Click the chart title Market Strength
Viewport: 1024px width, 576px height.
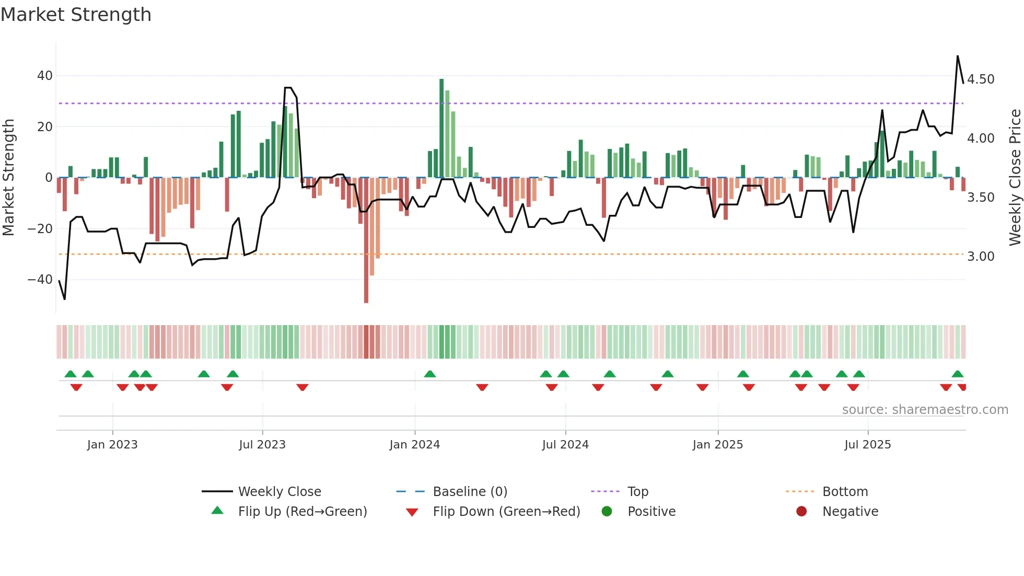point(76,15)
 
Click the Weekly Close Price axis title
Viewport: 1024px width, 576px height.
point(1015,177)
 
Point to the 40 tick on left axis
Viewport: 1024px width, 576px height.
point(45,76)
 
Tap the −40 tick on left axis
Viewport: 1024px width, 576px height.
point(41,280)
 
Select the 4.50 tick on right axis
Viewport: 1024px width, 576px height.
point(981,79)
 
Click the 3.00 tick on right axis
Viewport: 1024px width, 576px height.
point(981,257)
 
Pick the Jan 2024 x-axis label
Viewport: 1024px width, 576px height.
point(415,445)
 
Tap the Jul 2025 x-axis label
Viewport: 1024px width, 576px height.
point(868,445)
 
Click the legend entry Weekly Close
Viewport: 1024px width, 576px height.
point(280,492)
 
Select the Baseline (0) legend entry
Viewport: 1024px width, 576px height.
point(470,492)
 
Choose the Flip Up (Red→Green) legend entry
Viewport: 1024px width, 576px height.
point(302,512)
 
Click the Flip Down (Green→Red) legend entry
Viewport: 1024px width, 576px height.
point(506,512)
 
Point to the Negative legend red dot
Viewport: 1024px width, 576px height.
point(801,511)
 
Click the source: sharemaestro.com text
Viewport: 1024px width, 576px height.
point(925,410)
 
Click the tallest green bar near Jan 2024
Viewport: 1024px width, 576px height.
point(441,128)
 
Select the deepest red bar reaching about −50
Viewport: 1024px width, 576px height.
point(366,240)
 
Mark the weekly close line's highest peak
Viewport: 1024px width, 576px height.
point(958,56)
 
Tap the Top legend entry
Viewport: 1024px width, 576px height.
point(637,492)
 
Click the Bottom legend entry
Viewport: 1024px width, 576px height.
point(845,492)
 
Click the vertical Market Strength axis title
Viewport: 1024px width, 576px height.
point(9,177)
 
